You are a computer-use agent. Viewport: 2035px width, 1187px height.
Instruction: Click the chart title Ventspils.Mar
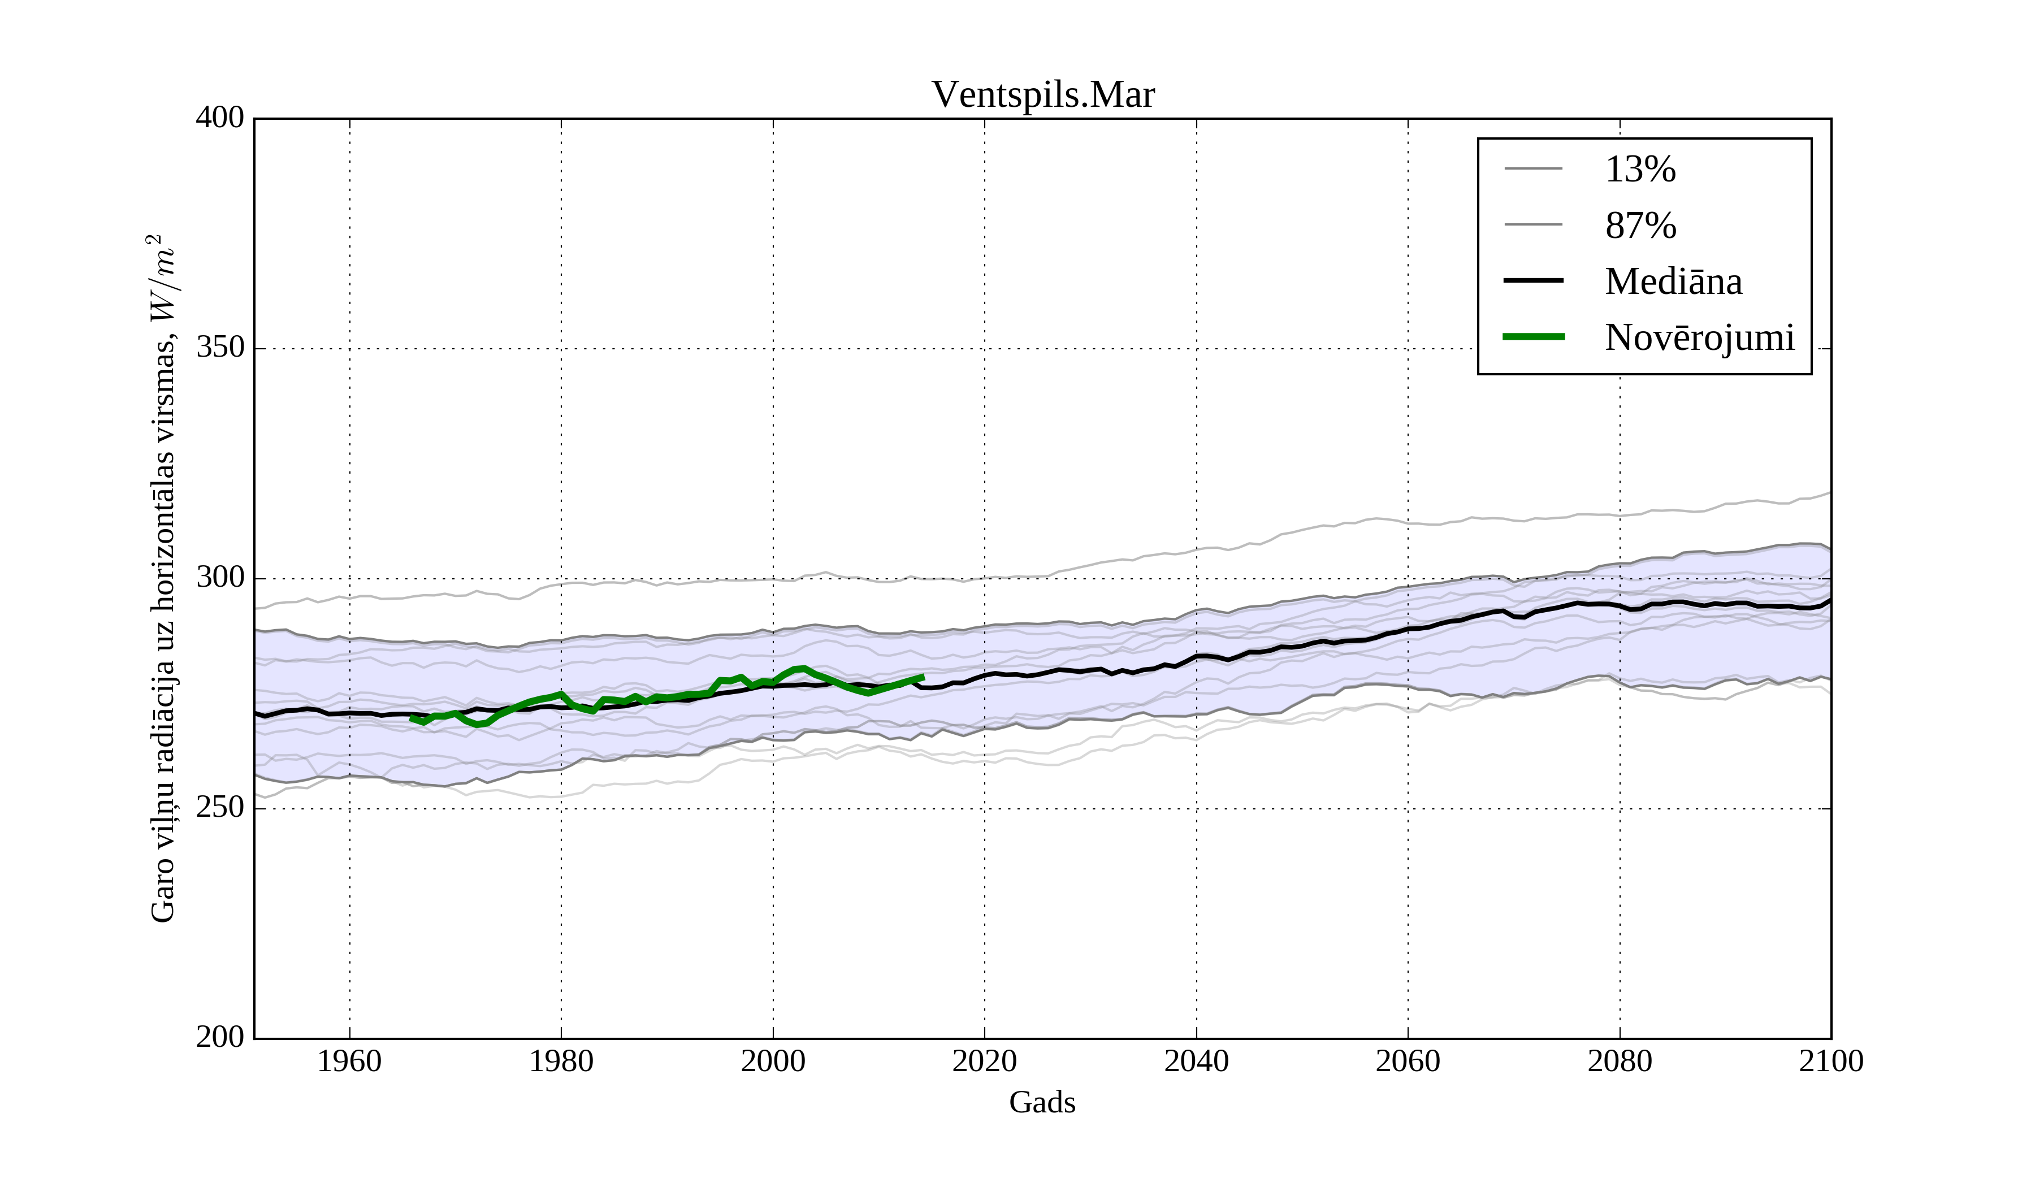(x=1042, y=96)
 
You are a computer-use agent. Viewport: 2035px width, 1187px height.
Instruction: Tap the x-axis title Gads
(x=1042, y=1102)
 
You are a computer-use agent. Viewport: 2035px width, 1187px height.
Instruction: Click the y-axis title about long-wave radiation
(x=162, y=578)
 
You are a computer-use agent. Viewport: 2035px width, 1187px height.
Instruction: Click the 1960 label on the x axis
(x=350, y=1061)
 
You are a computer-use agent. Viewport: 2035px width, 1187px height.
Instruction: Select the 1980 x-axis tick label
(x=561, y=1061)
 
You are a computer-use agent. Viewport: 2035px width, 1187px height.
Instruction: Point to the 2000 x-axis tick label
(x=773, y=1061)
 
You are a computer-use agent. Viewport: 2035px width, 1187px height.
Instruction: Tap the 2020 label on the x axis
(x=984, y=1061)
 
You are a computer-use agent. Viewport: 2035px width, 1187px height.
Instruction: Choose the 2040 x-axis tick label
(x=1196, y=1061)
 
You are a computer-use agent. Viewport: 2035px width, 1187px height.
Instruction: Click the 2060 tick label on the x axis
(x=1408, y=1061)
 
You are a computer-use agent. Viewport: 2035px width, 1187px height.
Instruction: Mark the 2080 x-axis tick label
(x=1619, y=1061)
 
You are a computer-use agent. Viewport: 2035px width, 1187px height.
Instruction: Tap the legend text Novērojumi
(x=1699, y=337)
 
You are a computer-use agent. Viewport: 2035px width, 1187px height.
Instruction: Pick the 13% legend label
(x=1640, y=170)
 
